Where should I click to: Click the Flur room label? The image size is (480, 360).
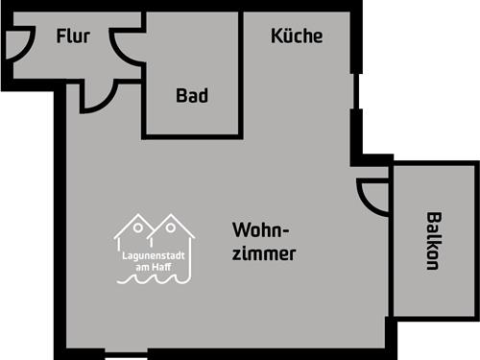pyautogui.click(x=73, y=37)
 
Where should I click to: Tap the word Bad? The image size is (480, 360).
pyautogui.click(x=192, y=96)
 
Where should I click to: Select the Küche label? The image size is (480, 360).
pyautogui.click(x=297, y=36)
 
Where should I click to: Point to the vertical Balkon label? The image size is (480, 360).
pyautogui.click(x=434, y=240)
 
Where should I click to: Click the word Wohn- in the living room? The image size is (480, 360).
pyautogui.click(x=261, y=231)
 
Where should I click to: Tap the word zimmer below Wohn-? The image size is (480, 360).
pyautogui.click(x=263, y=254)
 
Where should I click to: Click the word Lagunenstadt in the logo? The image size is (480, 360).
pyautogui.click(x=155, y=258)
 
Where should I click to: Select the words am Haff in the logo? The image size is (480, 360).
pyautogui.click(x=155, y=271)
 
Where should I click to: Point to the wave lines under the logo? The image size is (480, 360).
pyautogui.click(x=154, y=282)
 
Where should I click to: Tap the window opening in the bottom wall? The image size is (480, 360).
pyautogui.click(x=130, y=354)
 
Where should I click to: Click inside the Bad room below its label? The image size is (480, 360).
pyautogui.click(x=192, y=120)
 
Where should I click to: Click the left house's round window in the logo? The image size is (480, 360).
pyautogui.click(x=138, y=229)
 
